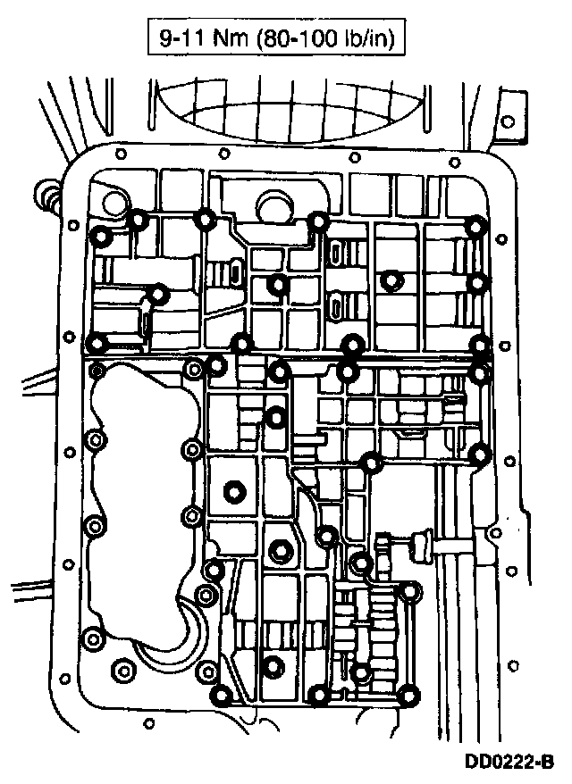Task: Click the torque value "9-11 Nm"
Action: tap(193, 39)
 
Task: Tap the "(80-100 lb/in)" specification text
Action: tap(323, 39)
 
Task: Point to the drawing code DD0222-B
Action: tap(509, 764)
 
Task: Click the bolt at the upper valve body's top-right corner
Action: tap(478, 227)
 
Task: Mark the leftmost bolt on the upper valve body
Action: tap(102, 236)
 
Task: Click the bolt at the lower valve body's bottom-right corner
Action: tap(409, 695)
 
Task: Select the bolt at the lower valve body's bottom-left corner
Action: tap(223, 695)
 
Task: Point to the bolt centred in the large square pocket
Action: tap(235, 491)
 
